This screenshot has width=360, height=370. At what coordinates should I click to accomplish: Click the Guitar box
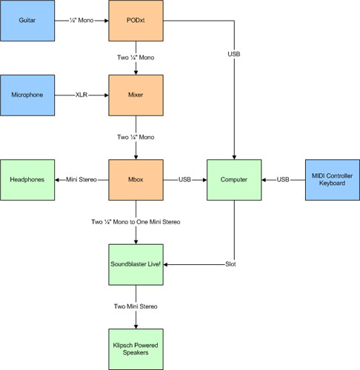[27, 21]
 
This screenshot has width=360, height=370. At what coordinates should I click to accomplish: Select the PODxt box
[136, 21]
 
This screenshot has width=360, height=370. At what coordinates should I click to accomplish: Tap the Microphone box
[27, 95]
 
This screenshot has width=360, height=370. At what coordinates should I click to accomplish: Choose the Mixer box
[136, 95]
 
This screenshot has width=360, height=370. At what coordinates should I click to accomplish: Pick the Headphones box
[27, 180]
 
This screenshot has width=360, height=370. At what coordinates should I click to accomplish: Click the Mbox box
[136, 180]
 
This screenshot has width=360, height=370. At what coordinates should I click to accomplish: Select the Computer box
[234, 180]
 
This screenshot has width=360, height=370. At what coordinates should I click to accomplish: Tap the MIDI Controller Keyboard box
[333, 180]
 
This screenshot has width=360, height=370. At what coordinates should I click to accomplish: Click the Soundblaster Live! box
[136, 265]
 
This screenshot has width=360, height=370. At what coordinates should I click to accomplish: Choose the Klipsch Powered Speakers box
[136, 349]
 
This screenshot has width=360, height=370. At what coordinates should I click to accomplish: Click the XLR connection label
[81, 95]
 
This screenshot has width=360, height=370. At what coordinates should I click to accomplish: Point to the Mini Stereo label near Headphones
[81, 180]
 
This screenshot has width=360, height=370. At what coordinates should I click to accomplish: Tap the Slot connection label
[230, 264]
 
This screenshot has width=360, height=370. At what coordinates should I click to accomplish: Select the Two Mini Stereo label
[136, 306]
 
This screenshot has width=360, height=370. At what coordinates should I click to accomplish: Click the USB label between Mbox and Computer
[184, 180]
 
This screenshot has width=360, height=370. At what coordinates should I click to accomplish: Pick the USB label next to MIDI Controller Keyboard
[283, 180]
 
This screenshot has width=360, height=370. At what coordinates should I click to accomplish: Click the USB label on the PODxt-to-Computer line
[234, 54]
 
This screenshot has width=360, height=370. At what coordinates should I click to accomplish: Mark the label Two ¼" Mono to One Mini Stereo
[136, 222]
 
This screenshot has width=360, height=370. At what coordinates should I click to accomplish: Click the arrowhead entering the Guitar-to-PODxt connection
[107, 21]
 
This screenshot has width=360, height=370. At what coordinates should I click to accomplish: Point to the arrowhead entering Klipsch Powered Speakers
[136, 326]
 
